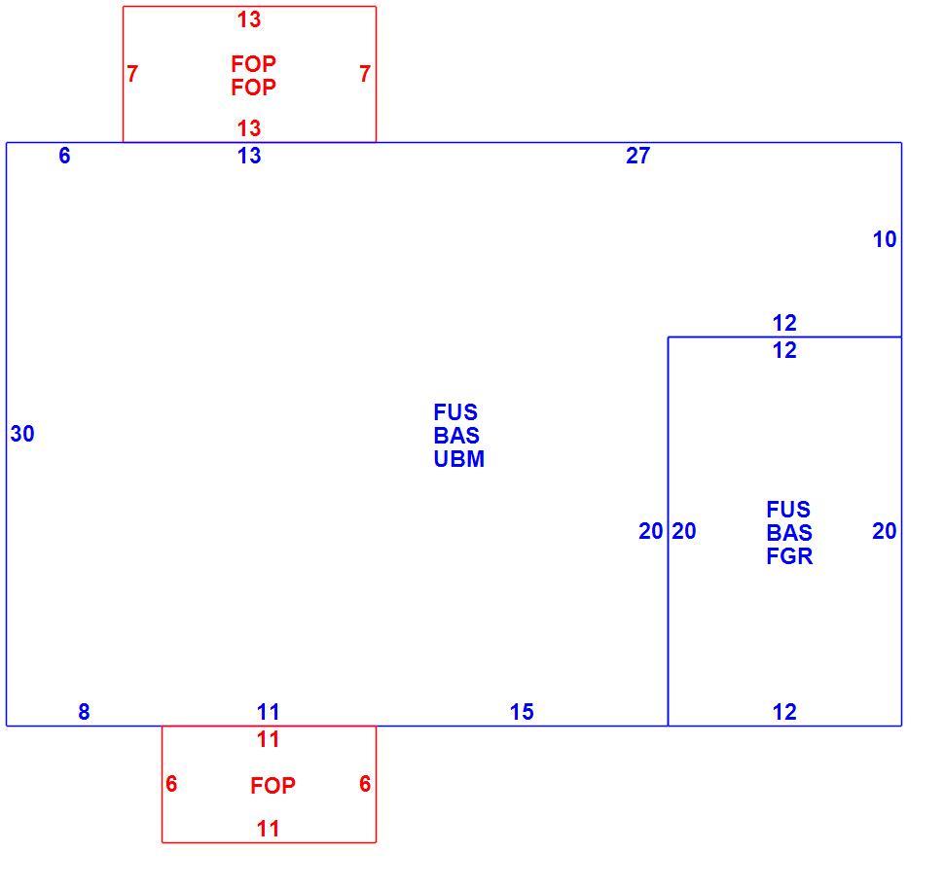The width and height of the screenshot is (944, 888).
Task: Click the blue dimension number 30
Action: pos(22,434)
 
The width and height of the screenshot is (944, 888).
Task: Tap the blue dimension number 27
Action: pos(638,156)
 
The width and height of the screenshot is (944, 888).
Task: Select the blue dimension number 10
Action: pos(885,239)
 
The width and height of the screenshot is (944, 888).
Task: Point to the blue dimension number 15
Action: pos(522,712)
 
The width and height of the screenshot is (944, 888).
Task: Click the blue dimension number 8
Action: pos(84,712)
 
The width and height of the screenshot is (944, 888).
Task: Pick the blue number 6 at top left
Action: pos(64,156)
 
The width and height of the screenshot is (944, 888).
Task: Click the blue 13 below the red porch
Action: pos(248,156)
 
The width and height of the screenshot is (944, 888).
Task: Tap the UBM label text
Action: pos(458,459)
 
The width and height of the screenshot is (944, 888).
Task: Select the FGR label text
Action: pos(789,556)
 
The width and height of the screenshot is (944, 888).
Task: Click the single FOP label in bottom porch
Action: pos(272,786)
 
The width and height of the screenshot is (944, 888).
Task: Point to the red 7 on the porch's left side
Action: pos(132,74)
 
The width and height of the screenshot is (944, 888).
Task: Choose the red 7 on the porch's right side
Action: pos(365,74)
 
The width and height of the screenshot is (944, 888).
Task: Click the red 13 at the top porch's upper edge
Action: pos(248,19)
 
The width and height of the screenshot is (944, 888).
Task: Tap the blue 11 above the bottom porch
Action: pos(268,712)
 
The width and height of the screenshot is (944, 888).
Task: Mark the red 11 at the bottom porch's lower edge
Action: pos(268,829)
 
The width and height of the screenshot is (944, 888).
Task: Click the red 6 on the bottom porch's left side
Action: pos(171,784)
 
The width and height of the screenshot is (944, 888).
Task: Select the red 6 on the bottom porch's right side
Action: pos(365,784)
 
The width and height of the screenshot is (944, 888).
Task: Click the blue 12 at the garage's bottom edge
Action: pos(784,712)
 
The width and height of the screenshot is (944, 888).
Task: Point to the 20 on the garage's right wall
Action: pos(885,531)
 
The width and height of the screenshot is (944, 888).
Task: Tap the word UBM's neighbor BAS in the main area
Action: pos(456,436)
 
